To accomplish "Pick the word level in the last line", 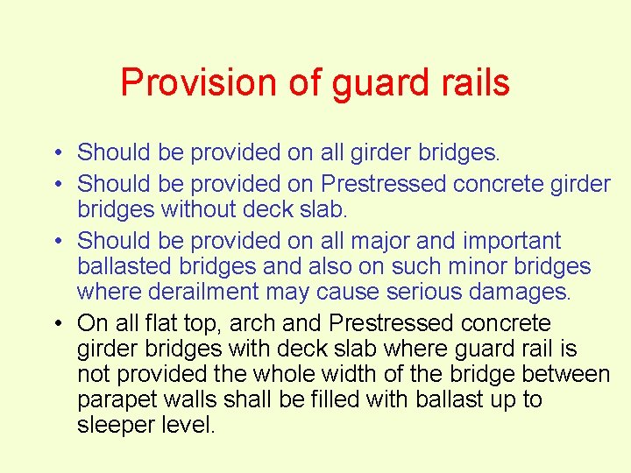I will pos(189,426).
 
